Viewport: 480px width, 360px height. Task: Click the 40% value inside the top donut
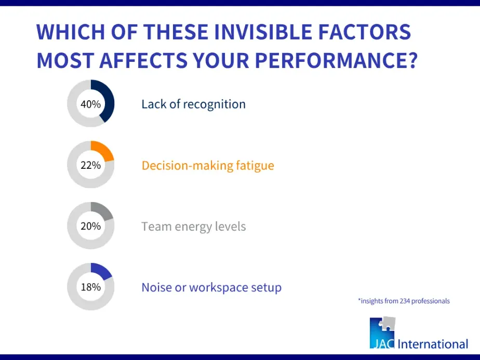(90, 104)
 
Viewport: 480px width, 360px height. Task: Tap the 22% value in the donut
(90, 165)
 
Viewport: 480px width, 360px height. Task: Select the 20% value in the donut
(90, 226)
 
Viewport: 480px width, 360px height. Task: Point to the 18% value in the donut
(90, 287)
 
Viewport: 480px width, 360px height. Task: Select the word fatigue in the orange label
(255, 166)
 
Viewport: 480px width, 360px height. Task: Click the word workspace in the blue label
(219, 288)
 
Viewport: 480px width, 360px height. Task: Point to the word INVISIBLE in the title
(263, 32)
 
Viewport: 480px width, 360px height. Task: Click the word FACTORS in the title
(365, 32)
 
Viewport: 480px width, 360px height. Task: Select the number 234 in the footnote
(404, 301)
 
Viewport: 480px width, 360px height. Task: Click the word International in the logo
(433, 344)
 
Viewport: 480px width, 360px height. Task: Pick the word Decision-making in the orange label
(188, 166)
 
